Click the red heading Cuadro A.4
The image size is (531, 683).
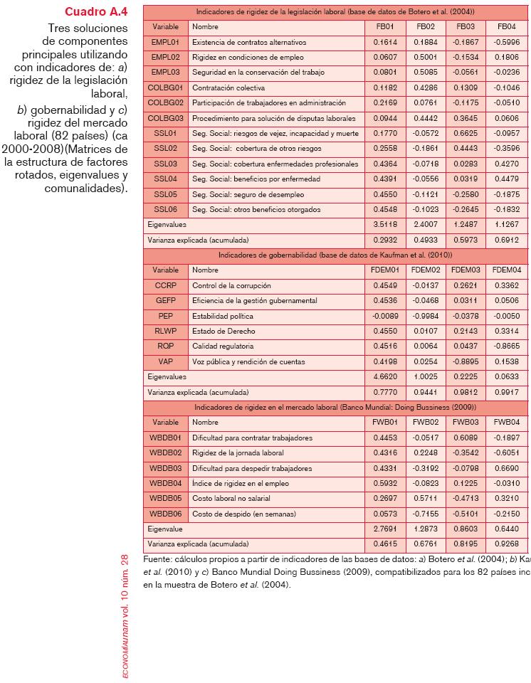(x=96, y=12)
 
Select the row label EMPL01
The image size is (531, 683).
(x=165, y=42)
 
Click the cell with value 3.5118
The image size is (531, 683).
(x=389, y=224)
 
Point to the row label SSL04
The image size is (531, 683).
(x=165, y=179)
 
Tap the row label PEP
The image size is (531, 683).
(x=165, y=315)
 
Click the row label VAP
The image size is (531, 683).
(x=165, y=361)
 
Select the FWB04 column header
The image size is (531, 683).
(x=507, y=422)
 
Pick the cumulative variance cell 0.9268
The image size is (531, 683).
(x=507, y=544)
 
